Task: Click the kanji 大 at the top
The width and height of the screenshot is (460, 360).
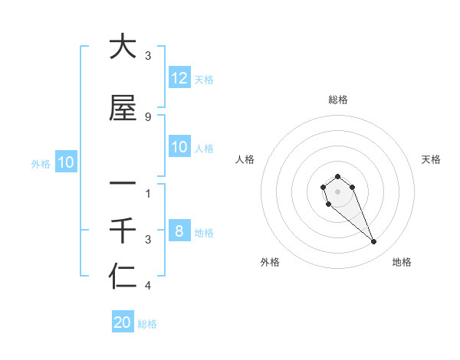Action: point(123,47)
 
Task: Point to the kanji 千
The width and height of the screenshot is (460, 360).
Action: point(123,230)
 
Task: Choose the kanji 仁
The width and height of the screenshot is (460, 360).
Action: point(123,277)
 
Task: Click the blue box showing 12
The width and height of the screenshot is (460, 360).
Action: point(179,78)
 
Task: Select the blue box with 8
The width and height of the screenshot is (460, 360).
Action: point(179,231)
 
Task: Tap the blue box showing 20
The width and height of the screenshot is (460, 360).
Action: point(123,322)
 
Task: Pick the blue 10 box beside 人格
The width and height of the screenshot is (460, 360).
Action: point(179,147)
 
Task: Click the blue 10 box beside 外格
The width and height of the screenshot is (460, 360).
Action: point(65,162)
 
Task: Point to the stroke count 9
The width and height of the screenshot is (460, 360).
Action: point(148,116)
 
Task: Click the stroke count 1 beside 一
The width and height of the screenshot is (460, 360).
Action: point(148,193)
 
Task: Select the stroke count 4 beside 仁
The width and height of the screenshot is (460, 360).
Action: point(148,286)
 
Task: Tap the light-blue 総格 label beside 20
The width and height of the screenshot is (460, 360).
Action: point(147,324)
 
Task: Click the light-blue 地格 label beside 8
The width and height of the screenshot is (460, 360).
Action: point(204,233)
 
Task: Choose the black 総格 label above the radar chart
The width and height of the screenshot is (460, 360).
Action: point(337,100)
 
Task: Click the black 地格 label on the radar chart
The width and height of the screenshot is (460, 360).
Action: point(402,262)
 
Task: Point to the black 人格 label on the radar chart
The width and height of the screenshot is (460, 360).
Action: point(245,159)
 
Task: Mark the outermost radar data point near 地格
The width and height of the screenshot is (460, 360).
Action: point(374,242)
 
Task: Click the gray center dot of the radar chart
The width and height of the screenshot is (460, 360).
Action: point(337,191)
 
